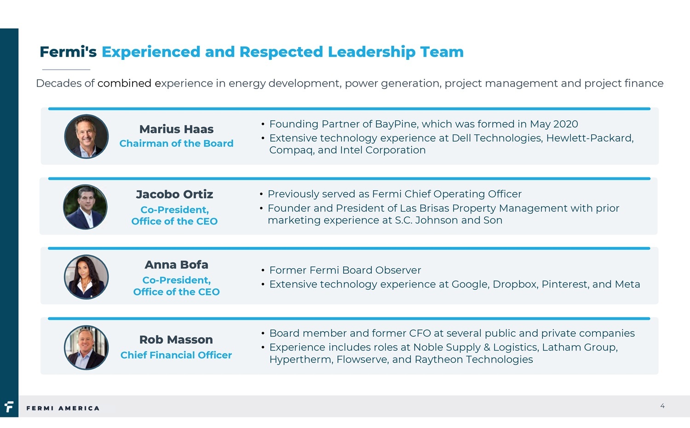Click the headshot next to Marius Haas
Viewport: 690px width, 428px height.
coord(86,136)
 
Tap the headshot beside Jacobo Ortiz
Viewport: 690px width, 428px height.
coord(85,207)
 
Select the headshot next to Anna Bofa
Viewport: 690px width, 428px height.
coord(86,277)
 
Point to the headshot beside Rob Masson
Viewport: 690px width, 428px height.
coord(86,347)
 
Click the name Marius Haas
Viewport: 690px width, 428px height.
coord(176,129)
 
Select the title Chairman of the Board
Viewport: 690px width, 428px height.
coord(176,143)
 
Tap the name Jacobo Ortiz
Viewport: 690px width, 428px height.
coord(174,194)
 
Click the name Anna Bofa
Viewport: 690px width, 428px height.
coord(176,264)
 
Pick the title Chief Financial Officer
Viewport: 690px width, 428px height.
coord(176,355)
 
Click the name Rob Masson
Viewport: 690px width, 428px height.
coord(176,340)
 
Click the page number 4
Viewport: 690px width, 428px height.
coord(662,406)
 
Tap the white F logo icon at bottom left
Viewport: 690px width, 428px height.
coord(9,407)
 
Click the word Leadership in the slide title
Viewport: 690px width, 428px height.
coord(372,52)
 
